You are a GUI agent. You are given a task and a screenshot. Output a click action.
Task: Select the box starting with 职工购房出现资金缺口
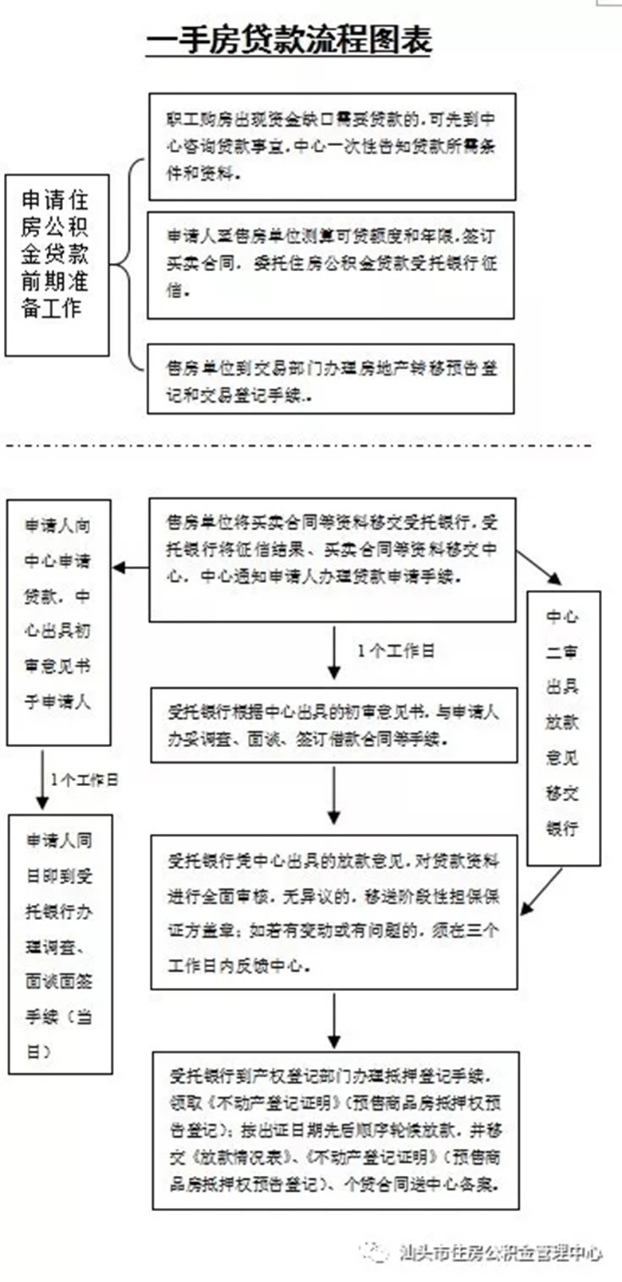(332, 146)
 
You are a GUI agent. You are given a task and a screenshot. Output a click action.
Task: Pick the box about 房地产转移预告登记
(331, 379)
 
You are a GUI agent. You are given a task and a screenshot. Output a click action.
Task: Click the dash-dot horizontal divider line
(299, 444)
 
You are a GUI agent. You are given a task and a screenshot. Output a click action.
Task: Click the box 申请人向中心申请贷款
(58, 623)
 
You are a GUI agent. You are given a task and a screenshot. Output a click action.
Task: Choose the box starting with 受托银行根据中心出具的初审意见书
(333, 726)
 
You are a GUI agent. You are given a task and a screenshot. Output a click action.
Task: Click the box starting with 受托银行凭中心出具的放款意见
(334, 912)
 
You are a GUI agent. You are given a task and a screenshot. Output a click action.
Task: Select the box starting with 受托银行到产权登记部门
(336, 1130)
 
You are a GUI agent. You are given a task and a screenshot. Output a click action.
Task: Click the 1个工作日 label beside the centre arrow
(396, 651)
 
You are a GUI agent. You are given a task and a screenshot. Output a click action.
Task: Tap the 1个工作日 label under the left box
(85, 779)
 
